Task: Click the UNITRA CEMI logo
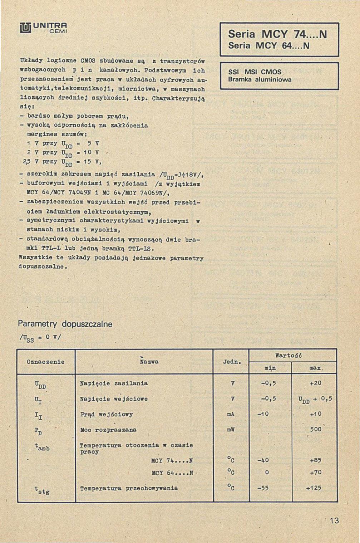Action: pyautogui.click(x=44, y=28)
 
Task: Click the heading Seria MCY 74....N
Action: pyautogui.click(x=277, y=34)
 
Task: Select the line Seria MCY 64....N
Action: pyautogui.click(x=268, y=46)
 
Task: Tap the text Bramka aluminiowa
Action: pyautogui.click(x=260, y=79)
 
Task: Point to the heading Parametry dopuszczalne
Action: pyautogui.click(x=65, y=324)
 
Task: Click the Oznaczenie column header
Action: pyautogui.click(x=46, y=362)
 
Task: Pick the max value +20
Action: pyautogui.click(x=316, y=383)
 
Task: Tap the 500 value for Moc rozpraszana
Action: pyautogui.click(x=316, y=430)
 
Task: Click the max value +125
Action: pyautogui.click(x=314, y=488)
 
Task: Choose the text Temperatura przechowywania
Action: pyautogui.click(x=129, y=488)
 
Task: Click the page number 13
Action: pyautogui.click(x=334, y=520)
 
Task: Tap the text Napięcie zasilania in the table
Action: pyautogui.click(x=114, y=383)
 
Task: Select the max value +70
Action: pyautogui.click(x=316, y=473)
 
